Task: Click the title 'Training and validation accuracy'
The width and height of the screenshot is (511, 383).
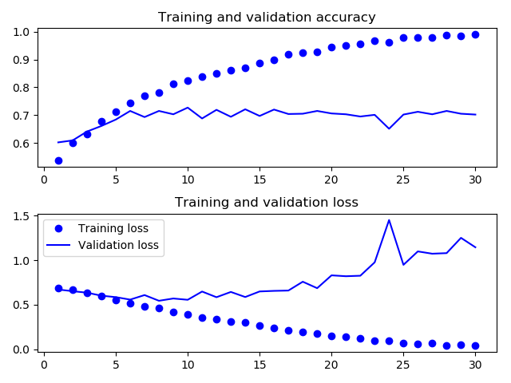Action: point(267,17)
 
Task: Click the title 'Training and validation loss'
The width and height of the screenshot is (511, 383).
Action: point(267,202)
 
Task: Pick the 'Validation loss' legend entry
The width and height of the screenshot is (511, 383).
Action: point(118,245)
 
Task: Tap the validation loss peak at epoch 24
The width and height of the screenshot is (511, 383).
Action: point(389,220)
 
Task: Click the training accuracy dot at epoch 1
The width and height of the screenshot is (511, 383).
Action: point(58,160)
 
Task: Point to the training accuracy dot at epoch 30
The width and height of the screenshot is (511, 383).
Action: point(475,34)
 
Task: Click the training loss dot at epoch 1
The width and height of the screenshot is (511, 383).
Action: point(58,288)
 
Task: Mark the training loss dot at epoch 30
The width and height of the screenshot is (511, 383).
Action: point(475,345)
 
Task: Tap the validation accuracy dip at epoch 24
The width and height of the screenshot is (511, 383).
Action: point(389,128)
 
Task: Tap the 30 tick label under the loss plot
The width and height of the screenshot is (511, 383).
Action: point(475,364)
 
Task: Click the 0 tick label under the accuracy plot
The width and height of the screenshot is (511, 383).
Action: point(44,180)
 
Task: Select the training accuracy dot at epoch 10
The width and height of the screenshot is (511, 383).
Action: point(188,81)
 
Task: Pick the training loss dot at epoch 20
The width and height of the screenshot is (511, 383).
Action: point(331,336)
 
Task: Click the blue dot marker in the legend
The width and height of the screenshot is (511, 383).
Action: point(59,228)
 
